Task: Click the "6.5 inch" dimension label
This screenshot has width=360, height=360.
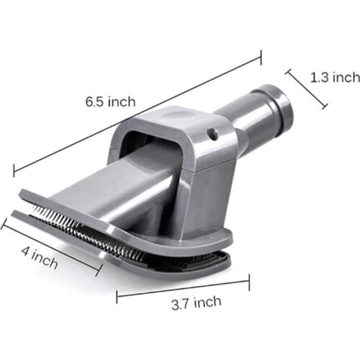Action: tap(109, 102)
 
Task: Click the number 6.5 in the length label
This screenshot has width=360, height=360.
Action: tap(94, 102)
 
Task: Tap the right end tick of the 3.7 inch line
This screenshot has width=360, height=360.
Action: tap(249, 281)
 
